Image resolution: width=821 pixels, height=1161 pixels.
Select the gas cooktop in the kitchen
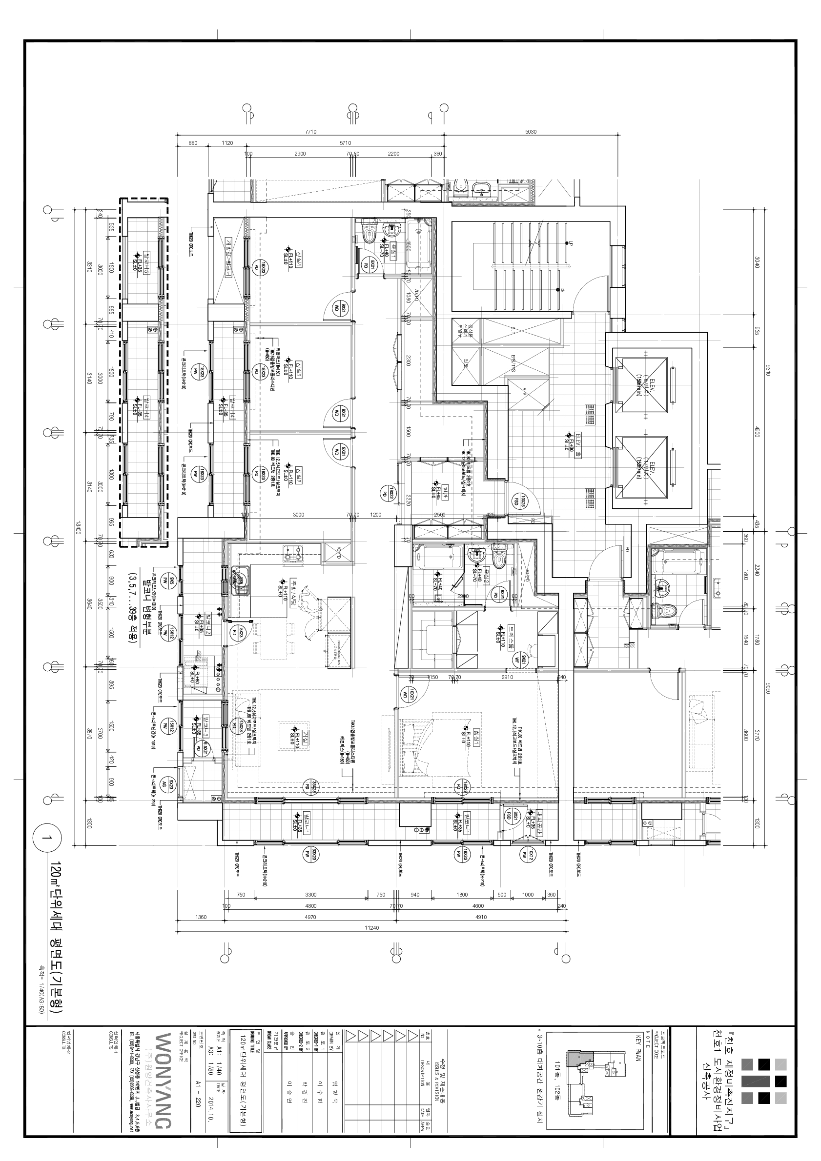click(x=293, y=553)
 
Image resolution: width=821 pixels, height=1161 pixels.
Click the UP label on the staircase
click(x=571, y=243)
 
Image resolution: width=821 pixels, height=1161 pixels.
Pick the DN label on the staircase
click(x=562, y=290)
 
